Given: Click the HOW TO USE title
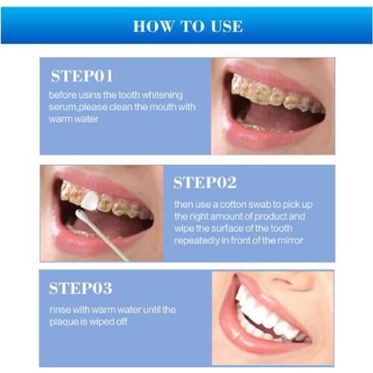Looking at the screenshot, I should [187, 26].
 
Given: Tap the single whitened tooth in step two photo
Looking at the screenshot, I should [89, 199].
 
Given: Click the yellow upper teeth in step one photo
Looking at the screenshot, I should [269, 93].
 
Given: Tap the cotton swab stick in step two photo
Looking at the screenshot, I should [104, 236].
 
